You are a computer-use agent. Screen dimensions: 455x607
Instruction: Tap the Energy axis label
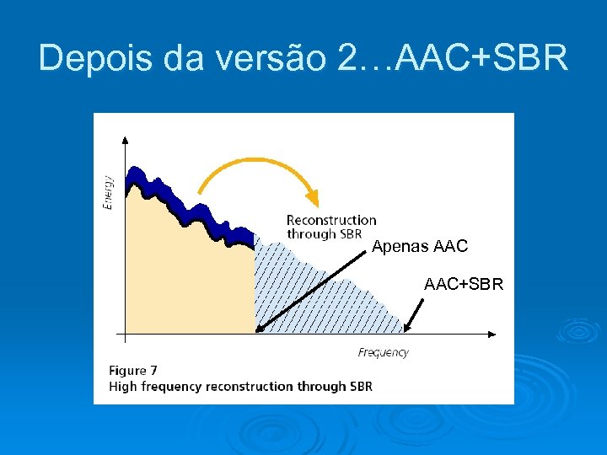109,192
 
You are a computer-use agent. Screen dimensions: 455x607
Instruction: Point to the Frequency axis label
383,352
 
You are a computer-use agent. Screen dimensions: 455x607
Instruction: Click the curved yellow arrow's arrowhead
313,199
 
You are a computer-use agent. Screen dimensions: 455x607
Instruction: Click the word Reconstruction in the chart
331,220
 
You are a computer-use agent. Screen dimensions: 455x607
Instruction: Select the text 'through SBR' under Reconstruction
324,233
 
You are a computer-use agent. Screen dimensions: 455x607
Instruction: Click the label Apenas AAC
420,247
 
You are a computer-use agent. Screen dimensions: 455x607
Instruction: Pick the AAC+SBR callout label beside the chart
464,285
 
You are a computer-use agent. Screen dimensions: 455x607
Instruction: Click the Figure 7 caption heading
133,370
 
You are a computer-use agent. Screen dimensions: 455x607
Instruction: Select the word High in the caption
123,387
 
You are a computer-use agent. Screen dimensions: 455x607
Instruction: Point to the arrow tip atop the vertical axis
125,140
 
